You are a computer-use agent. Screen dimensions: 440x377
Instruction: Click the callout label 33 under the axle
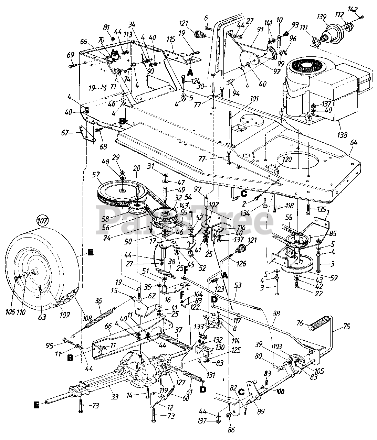(115, 397)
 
